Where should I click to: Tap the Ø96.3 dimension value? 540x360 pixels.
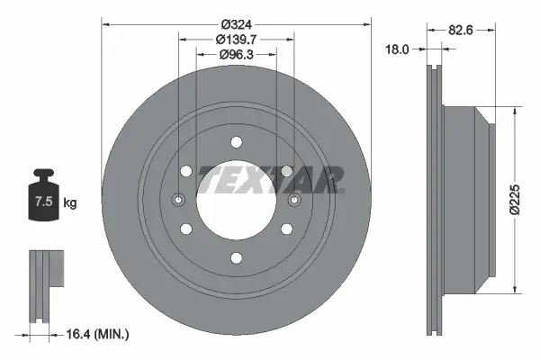click(x=236, y=55)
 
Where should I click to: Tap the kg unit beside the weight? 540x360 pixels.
click(x=70, y=202)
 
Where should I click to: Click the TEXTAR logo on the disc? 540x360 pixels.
click(x=271, y=179)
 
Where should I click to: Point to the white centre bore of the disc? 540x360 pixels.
click(x=236, y=200)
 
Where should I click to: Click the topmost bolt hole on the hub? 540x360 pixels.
click(x=236, y=141)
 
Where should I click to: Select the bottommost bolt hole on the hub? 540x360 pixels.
click(x=236, y=259)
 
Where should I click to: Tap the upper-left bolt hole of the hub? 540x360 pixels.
click(x=185, y=171)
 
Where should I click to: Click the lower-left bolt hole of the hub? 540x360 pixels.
click(x=185, y=229)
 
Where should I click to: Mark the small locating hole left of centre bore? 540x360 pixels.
click(x=178, y=200)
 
